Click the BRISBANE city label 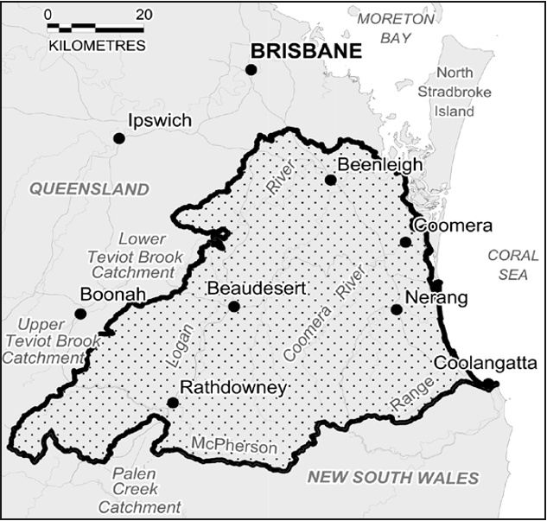point(305,51)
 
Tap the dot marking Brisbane point(251,69)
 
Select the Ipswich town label point(159,120)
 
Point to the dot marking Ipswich point(119,138)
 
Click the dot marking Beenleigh point(330,180)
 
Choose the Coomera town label point(453,226)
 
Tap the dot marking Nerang point(396,309)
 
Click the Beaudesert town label point(257,289)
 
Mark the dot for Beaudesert point(233,306)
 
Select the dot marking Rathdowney point(173,403)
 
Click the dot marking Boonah point(80,314)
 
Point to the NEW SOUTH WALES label point(393,478)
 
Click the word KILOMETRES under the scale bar point(97,45)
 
